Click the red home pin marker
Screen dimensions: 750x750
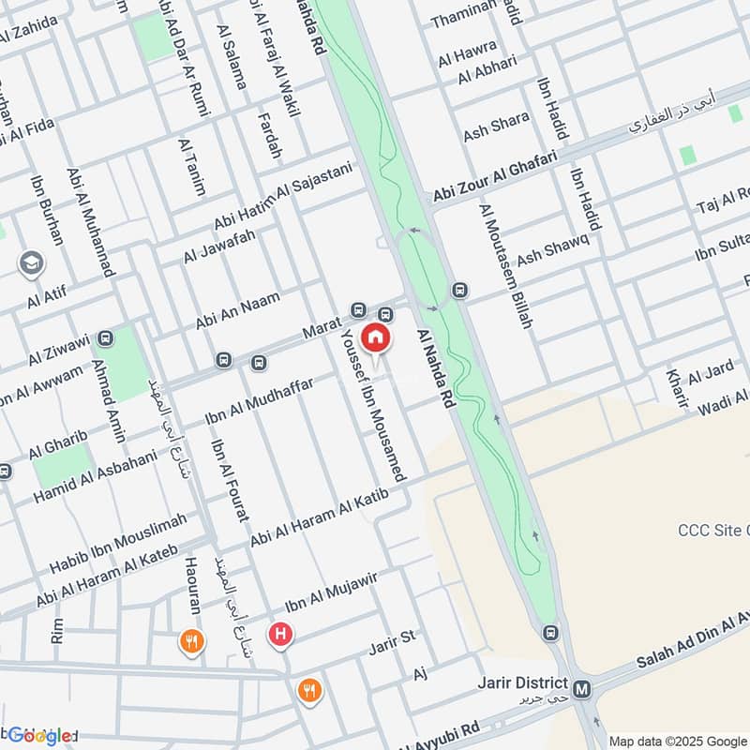(376, 337)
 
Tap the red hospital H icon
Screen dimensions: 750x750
(279, 636)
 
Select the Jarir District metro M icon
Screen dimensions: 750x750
(582, 690)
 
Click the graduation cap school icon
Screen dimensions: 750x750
(31, 264)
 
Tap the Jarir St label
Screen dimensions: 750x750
(391, 639)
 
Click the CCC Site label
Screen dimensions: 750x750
(713, 531)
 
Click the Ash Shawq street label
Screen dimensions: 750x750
(552, 247)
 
